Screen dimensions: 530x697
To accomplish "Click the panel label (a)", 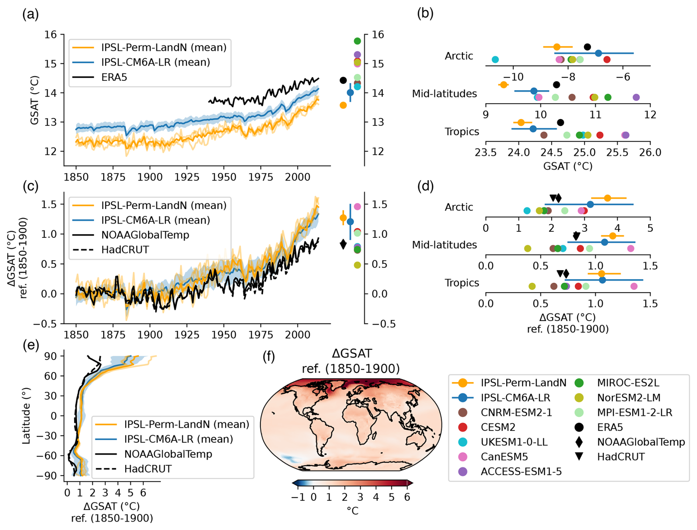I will tap(30, 15).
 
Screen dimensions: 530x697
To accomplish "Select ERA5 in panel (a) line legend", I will tap(114, 77).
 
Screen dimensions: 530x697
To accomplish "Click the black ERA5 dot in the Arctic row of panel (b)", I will tap(588, 47).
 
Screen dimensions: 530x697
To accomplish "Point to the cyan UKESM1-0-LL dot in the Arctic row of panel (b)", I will tap(495, 59).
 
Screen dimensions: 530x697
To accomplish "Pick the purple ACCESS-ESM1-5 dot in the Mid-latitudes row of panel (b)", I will tap(636, 97).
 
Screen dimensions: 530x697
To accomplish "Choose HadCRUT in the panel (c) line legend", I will tap(125, 250).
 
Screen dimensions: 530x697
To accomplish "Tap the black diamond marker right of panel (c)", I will tap(343, 244).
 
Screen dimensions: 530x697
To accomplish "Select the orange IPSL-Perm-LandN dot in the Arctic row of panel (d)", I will tap(607, 198).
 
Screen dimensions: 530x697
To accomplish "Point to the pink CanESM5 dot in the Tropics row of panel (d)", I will tap(634, 286).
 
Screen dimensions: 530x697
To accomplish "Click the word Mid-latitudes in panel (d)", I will tap(444, 245).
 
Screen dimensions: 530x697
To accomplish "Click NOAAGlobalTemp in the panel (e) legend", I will tap(168, 454).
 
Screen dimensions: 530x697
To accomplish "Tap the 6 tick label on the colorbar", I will tap(407, 497).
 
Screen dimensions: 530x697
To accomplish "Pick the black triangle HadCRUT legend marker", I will tap(579, 457).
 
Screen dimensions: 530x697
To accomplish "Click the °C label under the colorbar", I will tap(353, 511).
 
